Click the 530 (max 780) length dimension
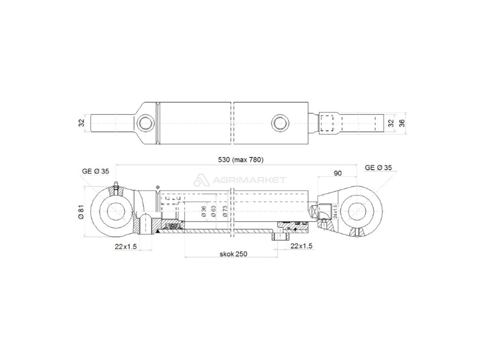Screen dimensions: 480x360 point(240,159)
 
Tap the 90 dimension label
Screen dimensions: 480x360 point(337,173)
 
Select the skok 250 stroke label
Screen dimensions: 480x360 point(233,254)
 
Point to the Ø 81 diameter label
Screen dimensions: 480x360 point(81,211)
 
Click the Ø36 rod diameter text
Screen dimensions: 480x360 point(203,211)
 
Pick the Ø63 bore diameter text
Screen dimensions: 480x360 point(213,211)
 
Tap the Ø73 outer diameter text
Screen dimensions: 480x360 point(225,211)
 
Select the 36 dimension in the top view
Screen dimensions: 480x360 point(402,123)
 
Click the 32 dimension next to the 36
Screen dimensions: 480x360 point(390,123)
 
